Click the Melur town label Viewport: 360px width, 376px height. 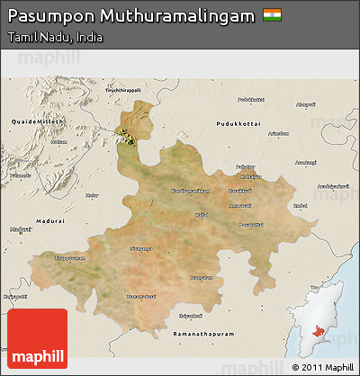(x=91, y=194)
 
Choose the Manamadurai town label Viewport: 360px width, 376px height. (x=139, y=294)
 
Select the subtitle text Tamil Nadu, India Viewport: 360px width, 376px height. (x=54, y=39)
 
